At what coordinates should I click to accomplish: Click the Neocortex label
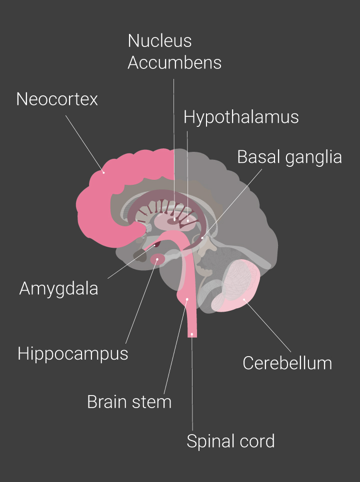[56, 99]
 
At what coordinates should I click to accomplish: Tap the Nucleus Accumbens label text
[174, 52]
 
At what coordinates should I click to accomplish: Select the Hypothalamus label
[241, 117]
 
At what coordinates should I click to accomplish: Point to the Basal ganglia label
[289, 157]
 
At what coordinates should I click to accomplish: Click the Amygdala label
[58, 288]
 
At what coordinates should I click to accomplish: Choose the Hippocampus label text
[72, 354]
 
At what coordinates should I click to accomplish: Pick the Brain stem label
[129, 402]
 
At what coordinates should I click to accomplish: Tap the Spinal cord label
[230, 441]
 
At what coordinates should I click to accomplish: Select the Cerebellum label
[287, 363]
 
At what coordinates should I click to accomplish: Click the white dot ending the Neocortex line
[103, 173]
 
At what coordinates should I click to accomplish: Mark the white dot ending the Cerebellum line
[244, 300]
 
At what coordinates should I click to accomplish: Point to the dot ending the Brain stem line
[187, 300]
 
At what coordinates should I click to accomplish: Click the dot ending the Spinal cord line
[192, 333]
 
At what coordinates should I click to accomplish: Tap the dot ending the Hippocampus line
[157, 260]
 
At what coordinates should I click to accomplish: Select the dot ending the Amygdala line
[154, 245]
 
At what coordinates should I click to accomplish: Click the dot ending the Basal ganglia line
[202, 238]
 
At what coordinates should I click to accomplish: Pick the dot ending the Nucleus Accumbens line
[174, 219]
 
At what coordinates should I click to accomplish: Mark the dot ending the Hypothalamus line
[187, 219]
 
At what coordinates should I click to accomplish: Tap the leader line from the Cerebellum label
[267, 325]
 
